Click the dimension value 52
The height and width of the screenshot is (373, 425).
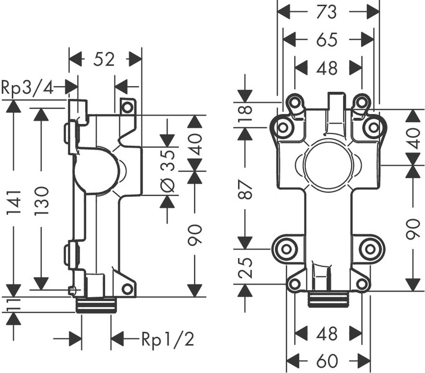pyautogui.click(x=104, y=59)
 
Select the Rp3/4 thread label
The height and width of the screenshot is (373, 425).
pyautogui.click(x=28, y=87)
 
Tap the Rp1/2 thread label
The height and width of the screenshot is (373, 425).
pyautogui.click(x=168, y=339)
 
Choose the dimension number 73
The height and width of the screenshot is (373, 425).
pyautogui.click(x=327, y=12)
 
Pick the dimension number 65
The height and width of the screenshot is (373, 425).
pyautogui.click(x=327, y=40)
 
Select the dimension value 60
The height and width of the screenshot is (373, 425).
pyautogui.click(x=327, y=361)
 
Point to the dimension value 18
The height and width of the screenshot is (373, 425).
pyautogui.click(x=244, y=114)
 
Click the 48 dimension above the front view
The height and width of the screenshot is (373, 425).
pyautogui.click(x=327, y=68)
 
